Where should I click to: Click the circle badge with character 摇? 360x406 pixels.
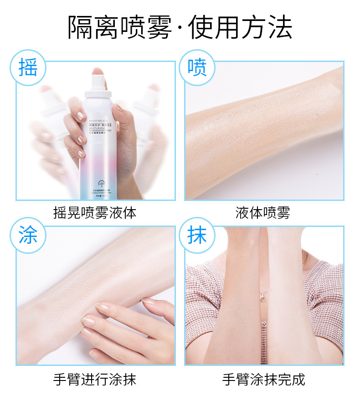[28, 67]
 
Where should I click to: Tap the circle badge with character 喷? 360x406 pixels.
[197, 67]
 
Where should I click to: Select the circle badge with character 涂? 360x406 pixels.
[28, 236]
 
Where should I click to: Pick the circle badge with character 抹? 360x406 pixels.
[197, 236]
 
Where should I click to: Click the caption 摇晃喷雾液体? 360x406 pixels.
[95, 213]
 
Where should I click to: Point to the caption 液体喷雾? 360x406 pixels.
[262, 213]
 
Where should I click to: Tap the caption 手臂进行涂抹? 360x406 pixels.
[95, 380]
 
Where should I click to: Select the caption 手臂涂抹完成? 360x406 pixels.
[263, 380]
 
